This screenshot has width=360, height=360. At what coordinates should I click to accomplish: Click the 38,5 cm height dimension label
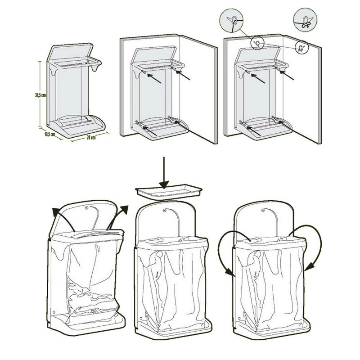40,95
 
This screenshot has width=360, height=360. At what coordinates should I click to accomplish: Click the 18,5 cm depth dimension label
50,134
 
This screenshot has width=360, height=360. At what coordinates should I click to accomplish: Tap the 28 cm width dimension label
91,138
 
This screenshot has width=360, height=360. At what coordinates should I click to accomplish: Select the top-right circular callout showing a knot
305,20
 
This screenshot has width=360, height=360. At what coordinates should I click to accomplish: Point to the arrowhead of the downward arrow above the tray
164,184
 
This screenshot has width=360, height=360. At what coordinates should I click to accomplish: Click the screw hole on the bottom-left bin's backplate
86,208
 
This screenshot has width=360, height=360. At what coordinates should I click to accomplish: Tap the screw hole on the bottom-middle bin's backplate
164,210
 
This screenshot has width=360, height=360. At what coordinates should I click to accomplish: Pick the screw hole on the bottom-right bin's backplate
263,210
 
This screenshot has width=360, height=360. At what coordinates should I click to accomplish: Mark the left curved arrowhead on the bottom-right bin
229,273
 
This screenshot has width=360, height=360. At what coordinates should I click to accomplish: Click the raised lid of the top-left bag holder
70,53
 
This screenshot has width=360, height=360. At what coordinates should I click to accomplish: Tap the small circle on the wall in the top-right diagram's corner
301,47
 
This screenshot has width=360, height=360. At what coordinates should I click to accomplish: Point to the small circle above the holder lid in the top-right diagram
257,43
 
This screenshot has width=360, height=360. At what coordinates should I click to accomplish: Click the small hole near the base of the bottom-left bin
54,312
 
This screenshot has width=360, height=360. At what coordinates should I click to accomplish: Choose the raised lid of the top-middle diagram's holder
154,56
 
